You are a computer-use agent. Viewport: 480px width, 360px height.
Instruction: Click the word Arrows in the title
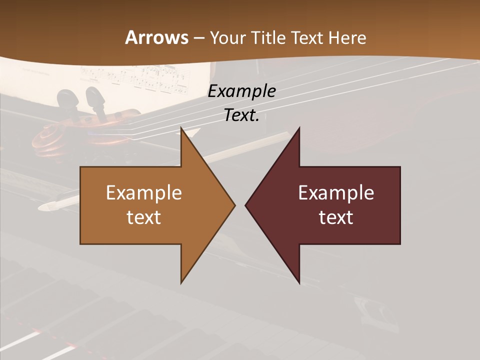pos(156,37)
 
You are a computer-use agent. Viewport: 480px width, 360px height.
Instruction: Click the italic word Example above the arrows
pos(241,91)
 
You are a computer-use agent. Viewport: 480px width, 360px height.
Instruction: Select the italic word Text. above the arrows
pos(241,115)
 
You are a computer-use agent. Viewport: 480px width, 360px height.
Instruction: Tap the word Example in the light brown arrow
pos(144,193)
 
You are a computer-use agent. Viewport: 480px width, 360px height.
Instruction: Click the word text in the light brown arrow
pos(144,217)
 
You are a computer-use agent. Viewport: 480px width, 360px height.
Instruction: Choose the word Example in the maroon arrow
pos(336,193)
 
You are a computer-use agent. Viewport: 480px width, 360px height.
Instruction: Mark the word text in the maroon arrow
pos(336,217)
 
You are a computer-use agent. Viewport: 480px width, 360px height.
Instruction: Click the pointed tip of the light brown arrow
pos(234,205)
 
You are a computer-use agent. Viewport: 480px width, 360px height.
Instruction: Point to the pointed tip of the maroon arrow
pos(245,205)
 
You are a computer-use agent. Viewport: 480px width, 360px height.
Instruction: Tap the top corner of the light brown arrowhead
pos(181,128)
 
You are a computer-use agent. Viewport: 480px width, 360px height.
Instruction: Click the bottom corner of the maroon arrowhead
pos(299,283)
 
